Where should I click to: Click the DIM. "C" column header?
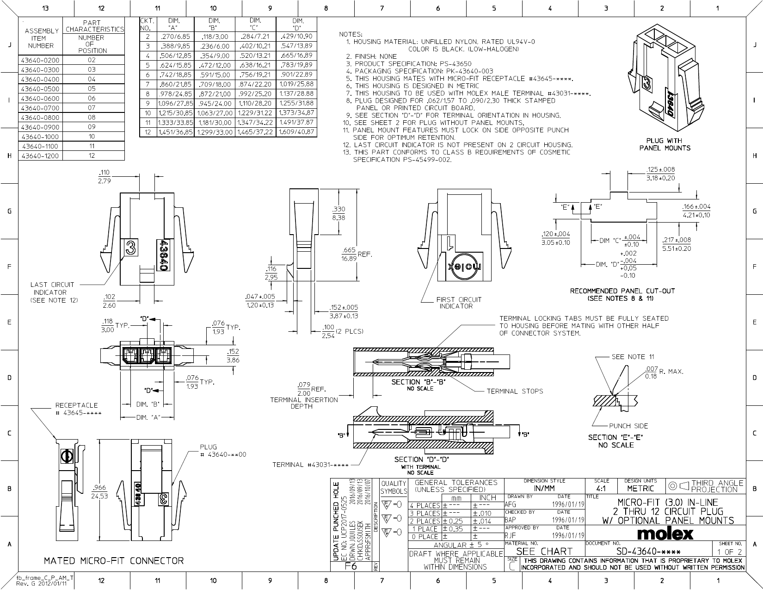click(x=255, y=24)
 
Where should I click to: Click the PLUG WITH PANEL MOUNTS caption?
click(x=665, y=144)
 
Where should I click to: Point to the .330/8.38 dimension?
click(x=338, y=213)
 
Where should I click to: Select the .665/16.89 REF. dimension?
click(x=349, y=254)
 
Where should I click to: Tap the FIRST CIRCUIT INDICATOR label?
click(x=458, y=303)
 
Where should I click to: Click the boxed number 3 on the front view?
click(x=130, y=249)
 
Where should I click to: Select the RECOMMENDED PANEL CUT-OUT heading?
click(x=622, y=291)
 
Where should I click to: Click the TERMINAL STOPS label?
click(x=515, y=391)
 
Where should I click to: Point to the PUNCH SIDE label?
click(x=628, y=426)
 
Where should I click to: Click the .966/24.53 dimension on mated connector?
click(x=100, y=491)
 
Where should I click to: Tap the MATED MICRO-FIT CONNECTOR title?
click(x=114, y=561)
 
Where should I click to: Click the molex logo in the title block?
click(x=665, y=534)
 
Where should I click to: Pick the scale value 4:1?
click(x=601, y=488)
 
